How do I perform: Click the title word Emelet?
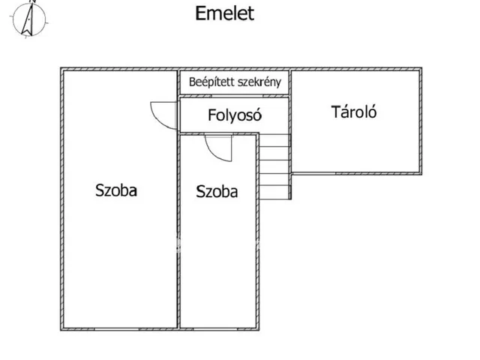[x=224, y=13]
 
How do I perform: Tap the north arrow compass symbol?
[x=30, y=19]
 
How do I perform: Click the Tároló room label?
[x=353, y=113]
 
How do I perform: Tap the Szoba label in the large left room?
[x=116, y=190]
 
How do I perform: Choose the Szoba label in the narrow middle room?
[x=217, y=191]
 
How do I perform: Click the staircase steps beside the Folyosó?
[x=274, y=166]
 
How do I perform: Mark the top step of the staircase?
[x=274, y=139]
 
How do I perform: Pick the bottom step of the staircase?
[x=274, y=193]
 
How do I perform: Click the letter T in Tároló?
[x=334, y=112]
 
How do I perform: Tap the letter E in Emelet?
[x=200, y=13]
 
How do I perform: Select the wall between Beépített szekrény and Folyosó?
[x=234, y=96]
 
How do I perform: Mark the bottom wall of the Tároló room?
[x=355, y=171]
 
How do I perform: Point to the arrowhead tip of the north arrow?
[x=32, y=2]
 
